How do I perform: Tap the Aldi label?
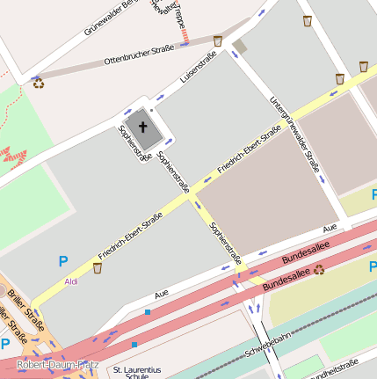click(71, 281)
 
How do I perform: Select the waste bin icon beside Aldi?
click(97, 267)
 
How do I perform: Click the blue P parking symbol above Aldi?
click(62, 260)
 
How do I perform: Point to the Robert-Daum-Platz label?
click(57, 364)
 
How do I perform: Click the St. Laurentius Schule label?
click(136, 374)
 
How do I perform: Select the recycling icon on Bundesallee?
click(319, 269)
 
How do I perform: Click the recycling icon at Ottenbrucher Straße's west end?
click(38, 83)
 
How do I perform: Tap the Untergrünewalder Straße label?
click(294, 132)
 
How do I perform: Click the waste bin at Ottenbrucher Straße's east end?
click(217, 40)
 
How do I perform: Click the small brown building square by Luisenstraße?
click(240, 46)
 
